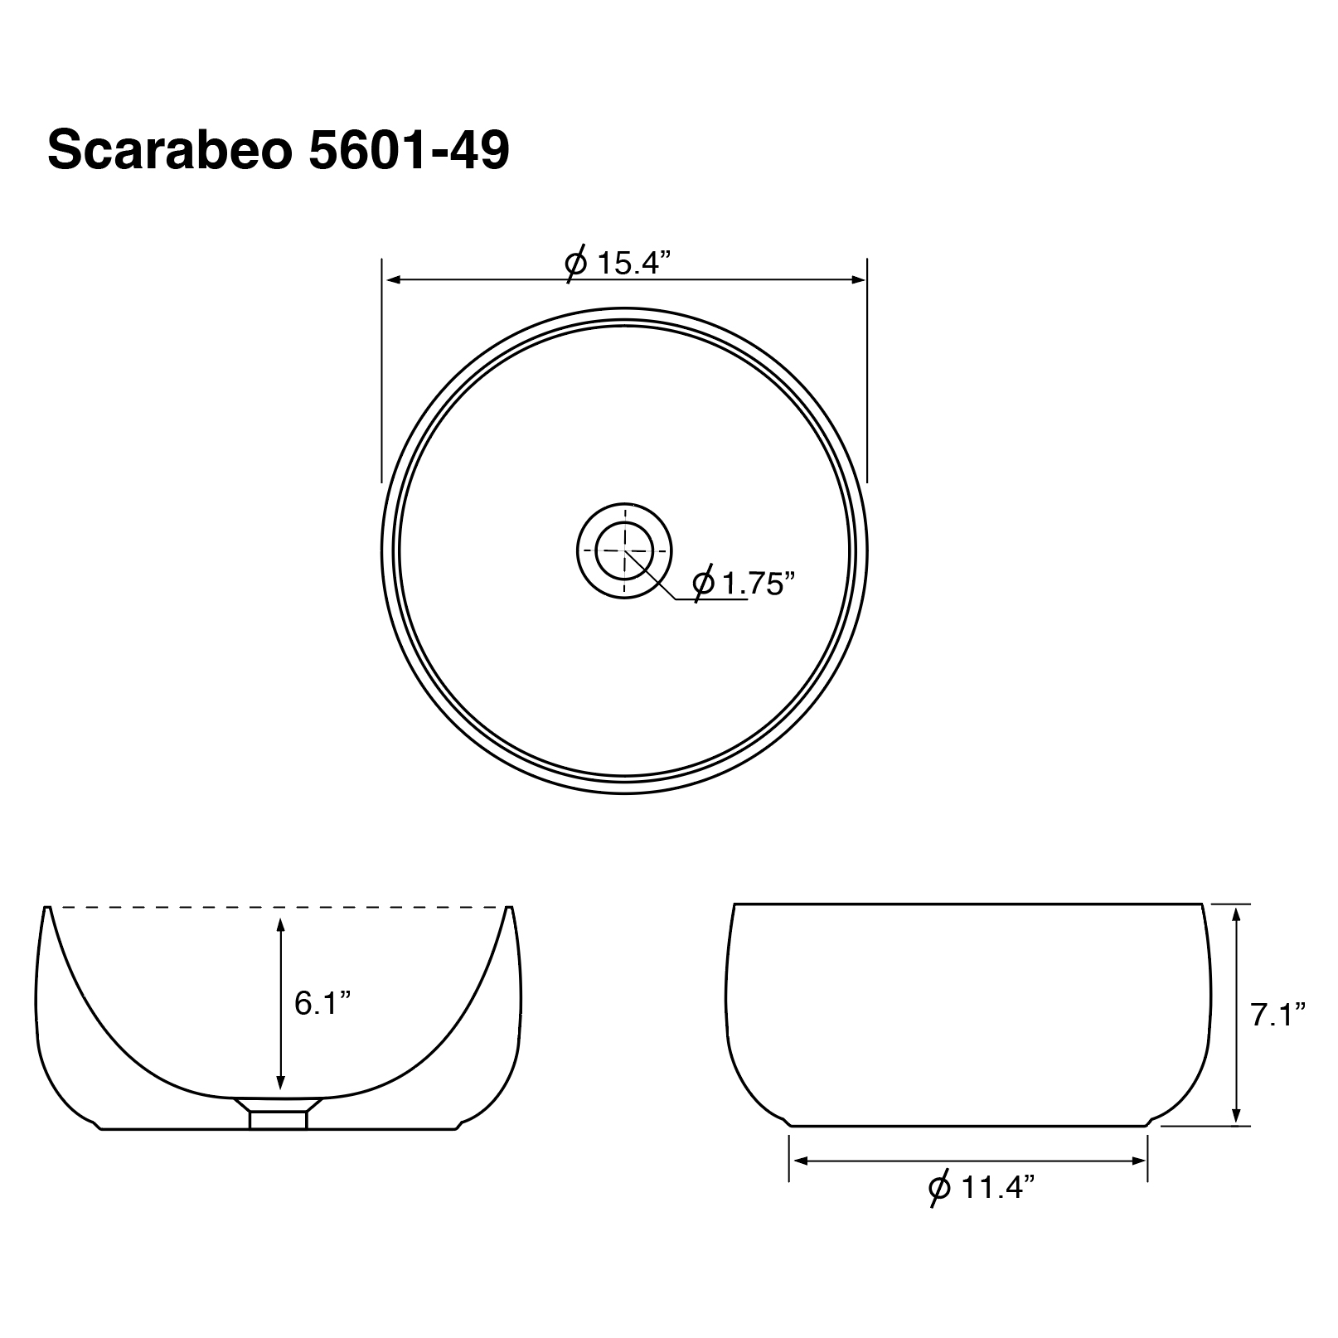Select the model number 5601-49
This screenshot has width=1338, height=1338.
409,151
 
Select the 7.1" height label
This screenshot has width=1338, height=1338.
1278,1014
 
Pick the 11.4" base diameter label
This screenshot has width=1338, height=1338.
998,1188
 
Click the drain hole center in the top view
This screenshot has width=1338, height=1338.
624,550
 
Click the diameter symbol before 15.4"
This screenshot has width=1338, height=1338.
576,264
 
